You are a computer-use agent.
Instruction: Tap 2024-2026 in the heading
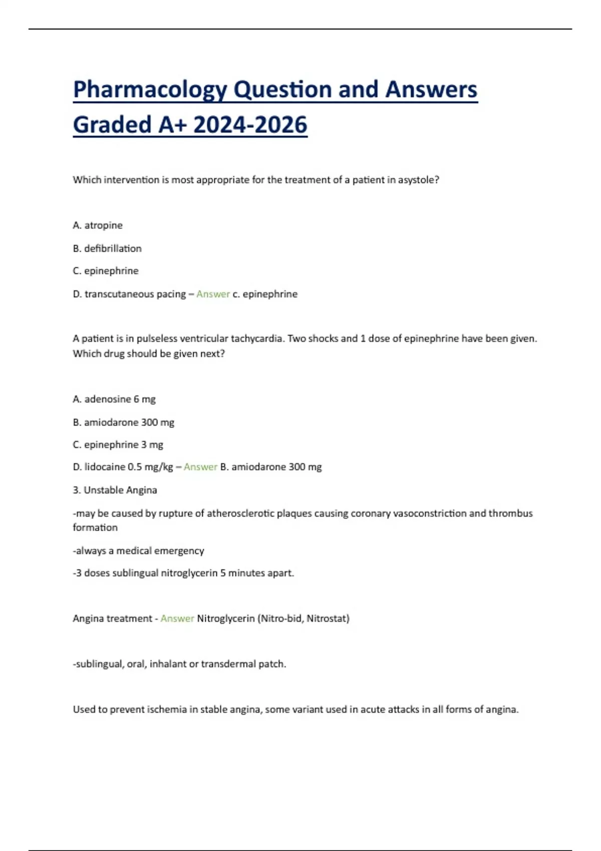tap(250, 125)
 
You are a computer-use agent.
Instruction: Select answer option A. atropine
tap(98, 225)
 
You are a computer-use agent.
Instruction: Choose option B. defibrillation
tap(107, 248)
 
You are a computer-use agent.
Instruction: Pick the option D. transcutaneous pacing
tap(129, 294)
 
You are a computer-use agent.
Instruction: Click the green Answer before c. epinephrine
tap(213, 294)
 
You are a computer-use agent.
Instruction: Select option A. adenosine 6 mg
tap(114, 399)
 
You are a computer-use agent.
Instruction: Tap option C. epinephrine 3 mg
tap(118, 445)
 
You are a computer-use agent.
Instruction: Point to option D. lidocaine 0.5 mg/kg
tap(123, 467)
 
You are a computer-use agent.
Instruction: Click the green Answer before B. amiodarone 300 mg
tap(200, 467)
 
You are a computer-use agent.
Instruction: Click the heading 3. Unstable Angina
tap(115, 490)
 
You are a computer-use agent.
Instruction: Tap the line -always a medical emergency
tap(139, 551)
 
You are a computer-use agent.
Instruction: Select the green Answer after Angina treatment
tap(177, 619)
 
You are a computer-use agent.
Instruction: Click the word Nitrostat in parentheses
tap(326, 619)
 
